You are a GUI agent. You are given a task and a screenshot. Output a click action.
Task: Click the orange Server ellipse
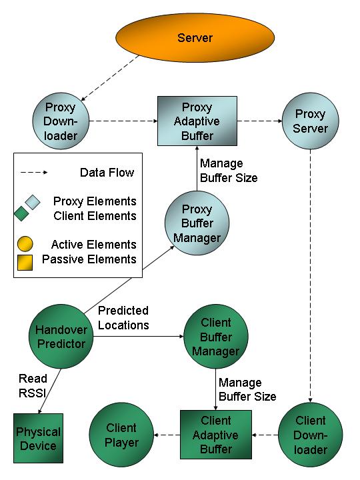point(195,37)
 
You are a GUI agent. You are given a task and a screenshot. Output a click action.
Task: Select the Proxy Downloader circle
point(61,121)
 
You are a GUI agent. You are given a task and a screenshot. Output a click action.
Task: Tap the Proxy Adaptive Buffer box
point(197,121)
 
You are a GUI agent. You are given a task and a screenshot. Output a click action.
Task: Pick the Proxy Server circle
point(311,121)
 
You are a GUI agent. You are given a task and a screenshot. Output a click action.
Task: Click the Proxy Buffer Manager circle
point(197,223)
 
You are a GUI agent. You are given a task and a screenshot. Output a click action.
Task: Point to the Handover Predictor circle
point(61,336)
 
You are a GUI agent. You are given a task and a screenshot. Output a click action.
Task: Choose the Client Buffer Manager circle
point(216,336)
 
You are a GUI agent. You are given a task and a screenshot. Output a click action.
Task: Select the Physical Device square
point(38,438)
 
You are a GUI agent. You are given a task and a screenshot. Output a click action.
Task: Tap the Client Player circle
point(121,435)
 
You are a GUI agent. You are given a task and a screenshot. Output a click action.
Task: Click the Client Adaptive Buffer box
point(216,435)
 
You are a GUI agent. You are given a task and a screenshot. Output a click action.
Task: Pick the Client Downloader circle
point(311,435)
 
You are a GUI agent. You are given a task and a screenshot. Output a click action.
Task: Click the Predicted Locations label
point(123,318)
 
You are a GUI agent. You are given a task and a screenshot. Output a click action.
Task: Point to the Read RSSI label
point(33,386)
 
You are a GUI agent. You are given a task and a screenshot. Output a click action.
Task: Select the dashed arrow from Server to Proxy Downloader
point(110,78)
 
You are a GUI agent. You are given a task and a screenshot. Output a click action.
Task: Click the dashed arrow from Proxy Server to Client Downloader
point(311,276)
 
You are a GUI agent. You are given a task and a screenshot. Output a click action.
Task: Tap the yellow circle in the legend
point(25,244)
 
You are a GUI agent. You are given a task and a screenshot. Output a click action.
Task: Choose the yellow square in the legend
point(25,263)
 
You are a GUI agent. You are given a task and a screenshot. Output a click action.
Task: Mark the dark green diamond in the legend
point(21,213)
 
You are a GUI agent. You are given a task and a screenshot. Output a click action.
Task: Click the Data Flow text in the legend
point(107,173)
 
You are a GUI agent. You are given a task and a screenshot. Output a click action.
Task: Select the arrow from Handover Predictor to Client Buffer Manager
point(139,337)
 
